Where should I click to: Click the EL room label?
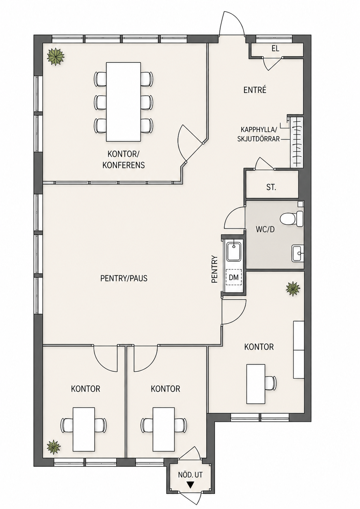[275, 48]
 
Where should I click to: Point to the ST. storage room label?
[271, 188]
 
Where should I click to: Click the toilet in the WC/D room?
[292, 218]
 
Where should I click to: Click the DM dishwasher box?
[233, 277]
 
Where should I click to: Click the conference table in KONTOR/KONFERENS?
[124, 102]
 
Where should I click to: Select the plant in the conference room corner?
[56, 57]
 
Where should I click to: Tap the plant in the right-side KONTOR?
[293, 288]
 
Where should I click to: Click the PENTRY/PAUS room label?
[124, 278]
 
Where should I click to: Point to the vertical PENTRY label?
[215, 269]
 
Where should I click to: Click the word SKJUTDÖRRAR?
[258, 139]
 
